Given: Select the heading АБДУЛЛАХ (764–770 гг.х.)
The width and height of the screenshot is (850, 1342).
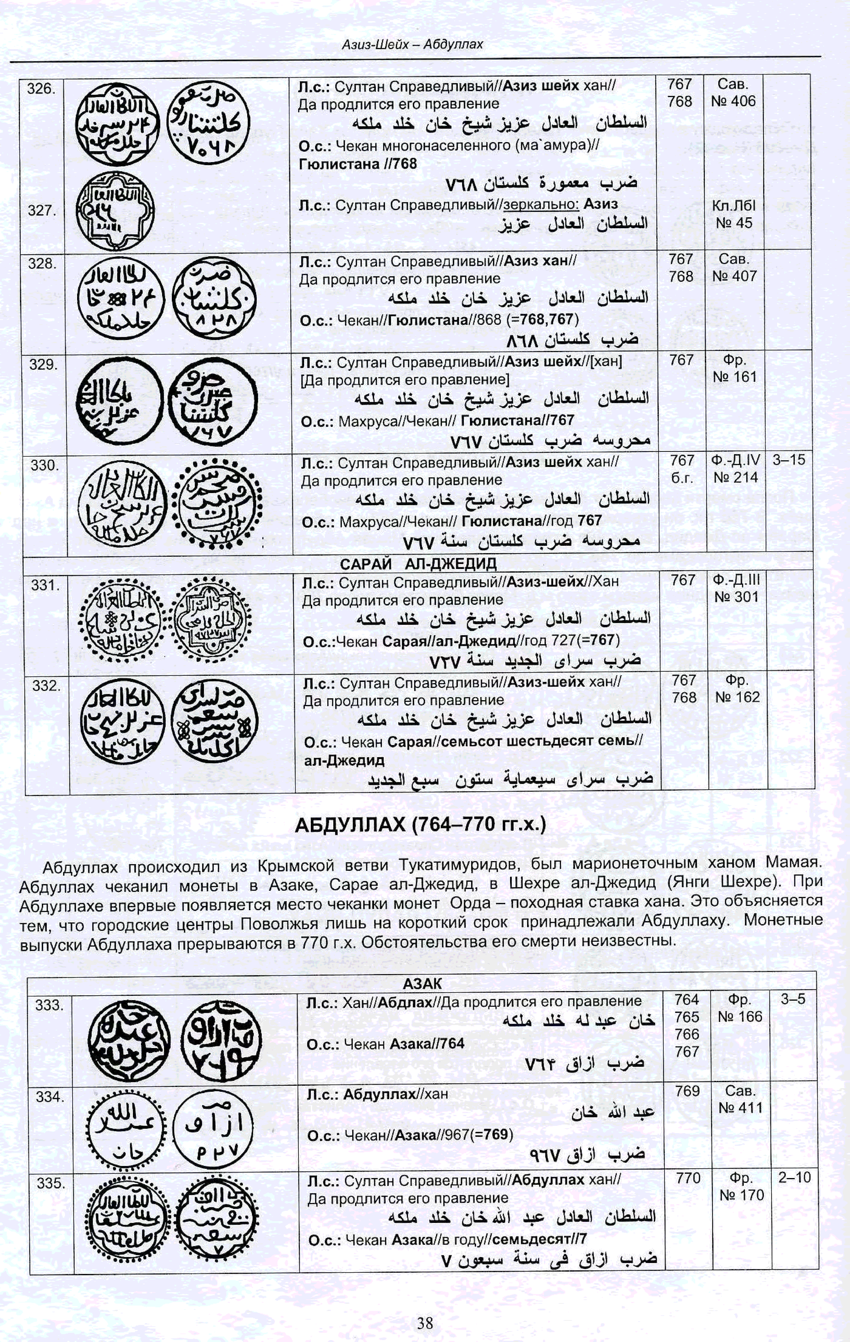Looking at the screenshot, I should tap(420, 824).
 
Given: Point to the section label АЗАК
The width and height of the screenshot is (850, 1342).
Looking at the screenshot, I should tap(422, 984).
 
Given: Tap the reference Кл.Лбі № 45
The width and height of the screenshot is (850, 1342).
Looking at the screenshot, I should tap(734, 215).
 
